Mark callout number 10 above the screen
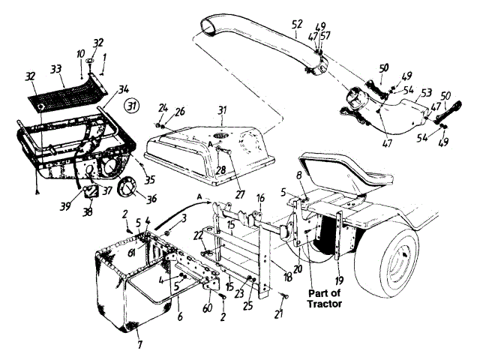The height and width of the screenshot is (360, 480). point(80,54)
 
